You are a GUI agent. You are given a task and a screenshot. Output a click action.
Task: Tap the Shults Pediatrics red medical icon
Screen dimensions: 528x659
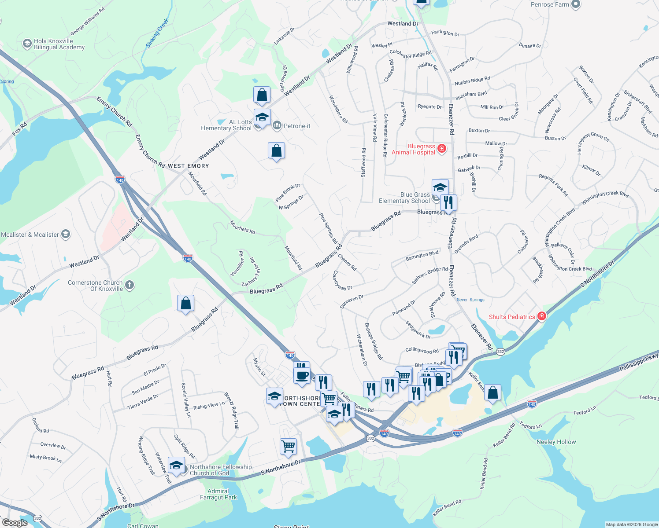coord(542,316)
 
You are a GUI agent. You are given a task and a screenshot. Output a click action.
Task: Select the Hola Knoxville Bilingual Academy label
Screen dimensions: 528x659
coord(59,44)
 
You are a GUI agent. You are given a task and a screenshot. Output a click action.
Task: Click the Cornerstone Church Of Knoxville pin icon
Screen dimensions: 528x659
coord(130,285)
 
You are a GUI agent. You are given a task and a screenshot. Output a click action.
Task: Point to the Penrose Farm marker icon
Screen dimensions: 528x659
coord(575,4)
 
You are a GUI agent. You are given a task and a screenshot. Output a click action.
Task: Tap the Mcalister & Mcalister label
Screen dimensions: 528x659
coord(30,235)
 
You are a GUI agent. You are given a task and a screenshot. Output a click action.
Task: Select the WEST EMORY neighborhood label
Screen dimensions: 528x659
coord(188,166)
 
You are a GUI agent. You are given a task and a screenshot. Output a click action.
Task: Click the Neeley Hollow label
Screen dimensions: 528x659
coord(556,442)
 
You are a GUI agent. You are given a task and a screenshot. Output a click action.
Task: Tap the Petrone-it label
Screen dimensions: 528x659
coord(297,126)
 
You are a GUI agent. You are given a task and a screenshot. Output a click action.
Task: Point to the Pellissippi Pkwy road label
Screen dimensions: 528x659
coord(639,362)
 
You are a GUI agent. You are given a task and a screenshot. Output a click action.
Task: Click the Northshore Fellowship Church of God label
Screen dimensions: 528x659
coord(221,470)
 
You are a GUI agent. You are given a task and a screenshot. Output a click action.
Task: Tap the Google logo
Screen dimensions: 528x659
coord(15,523)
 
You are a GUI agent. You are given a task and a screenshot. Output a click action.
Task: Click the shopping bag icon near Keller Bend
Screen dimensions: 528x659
coord(492,392)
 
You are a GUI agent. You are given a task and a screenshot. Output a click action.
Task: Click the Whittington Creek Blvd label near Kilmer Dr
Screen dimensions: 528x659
coord(605,198)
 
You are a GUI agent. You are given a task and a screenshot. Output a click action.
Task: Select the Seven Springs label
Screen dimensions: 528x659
coord(470,300)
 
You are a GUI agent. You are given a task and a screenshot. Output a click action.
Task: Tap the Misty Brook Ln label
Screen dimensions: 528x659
coord(46,458)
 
